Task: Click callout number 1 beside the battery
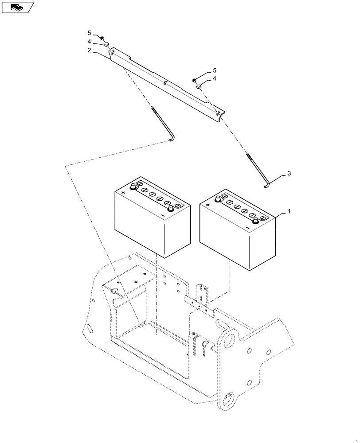[x=289, y=212]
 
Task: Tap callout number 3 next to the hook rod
[x=289, y=173]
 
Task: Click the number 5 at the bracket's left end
[x=89, y=33]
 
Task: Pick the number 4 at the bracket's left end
[x=89, y=42]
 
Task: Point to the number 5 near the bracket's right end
[x=215, y=70]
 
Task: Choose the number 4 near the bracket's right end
[x=215, y=78]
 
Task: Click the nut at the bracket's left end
[x=102, y=39]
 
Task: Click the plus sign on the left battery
[x=123, y=193]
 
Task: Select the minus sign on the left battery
[x=163, y=216]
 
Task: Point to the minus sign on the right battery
[x=248, y=228]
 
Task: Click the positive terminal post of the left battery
[x=133, y=187]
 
